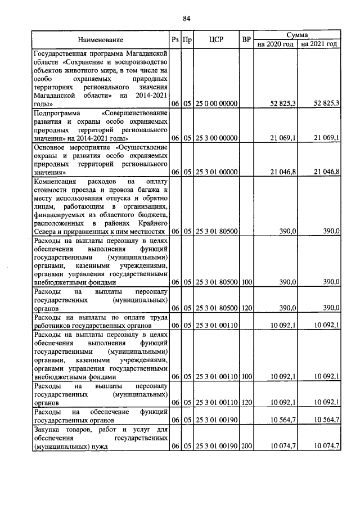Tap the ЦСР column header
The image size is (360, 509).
pos(217,40)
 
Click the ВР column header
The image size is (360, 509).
pos(246,40)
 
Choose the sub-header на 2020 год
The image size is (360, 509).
pos(275,44)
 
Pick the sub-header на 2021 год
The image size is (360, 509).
pos(319,44)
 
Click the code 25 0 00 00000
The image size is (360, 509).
pos(217,103)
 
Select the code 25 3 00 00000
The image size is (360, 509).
pos(217,138)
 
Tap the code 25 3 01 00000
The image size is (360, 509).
pos(217,172)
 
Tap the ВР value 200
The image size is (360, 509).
pos(246,446)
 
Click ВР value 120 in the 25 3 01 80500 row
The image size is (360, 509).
pos(246,308)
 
